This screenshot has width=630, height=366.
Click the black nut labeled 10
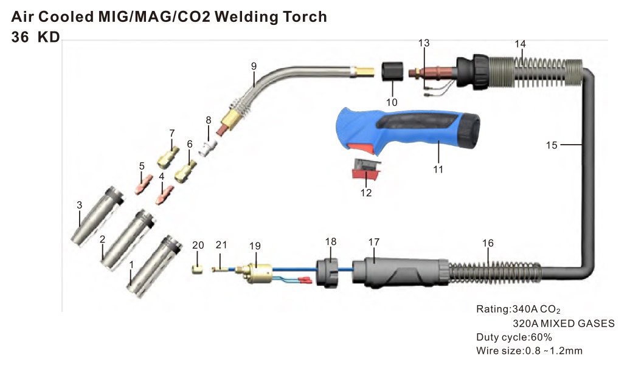(391, 71)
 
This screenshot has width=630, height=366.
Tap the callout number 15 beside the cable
(552, 145)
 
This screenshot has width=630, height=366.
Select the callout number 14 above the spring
(520, 44)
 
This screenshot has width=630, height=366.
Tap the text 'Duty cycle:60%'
(514, 337)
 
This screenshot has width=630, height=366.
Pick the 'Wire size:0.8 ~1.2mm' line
(529, 351)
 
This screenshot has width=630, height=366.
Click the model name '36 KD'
(36, 37)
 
